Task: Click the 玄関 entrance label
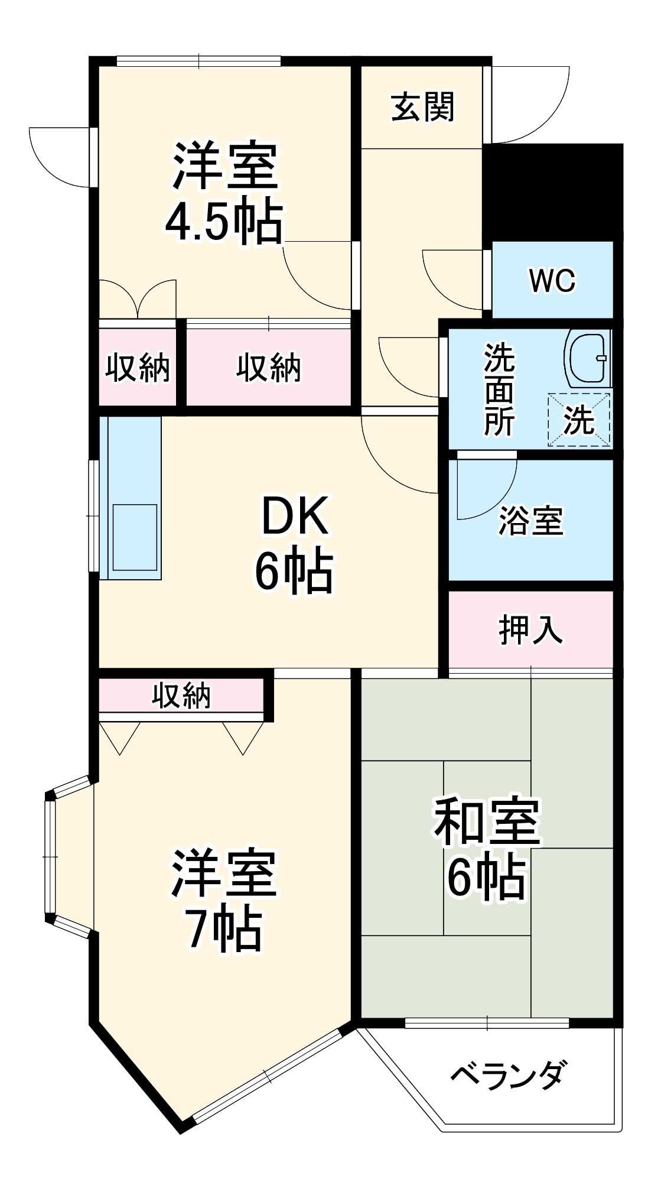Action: coord(423,108)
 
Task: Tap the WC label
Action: coord(552,281)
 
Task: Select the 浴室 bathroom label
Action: coord(530,521)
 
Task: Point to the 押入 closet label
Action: coord(530,629)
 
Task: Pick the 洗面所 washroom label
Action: coord(499,390)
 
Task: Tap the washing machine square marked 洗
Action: coord(579,420)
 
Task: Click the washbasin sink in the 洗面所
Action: coord(587,358)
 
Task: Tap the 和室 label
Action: coord(487,821)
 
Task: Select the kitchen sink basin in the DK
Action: coord(135,537)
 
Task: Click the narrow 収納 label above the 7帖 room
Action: coord(181,696)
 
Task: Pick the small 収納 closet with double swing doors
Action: coord(138,367)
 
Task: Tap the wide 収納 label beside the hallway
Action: coord(269,367)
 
